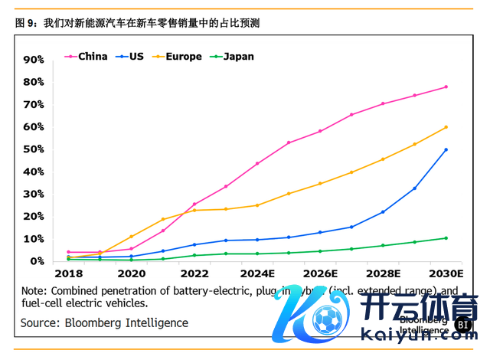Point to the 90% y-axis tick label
coord(34,60)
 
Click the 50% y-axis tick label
coord(34,149)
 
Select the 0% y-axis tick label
coord(37,261)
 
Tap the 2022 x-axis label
coord(194,273)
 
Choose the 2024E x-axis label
coord(257,273)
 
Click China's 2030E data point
coord(446,87)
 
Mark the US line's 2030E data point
coord(446,149)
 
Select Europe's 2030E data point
coord(446,127)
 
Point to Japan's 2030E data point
coord(446,238)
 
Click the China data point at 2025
coord(289,142)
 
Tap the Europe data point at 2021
coord(162,219)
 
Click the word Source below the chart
coord(41,323)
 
